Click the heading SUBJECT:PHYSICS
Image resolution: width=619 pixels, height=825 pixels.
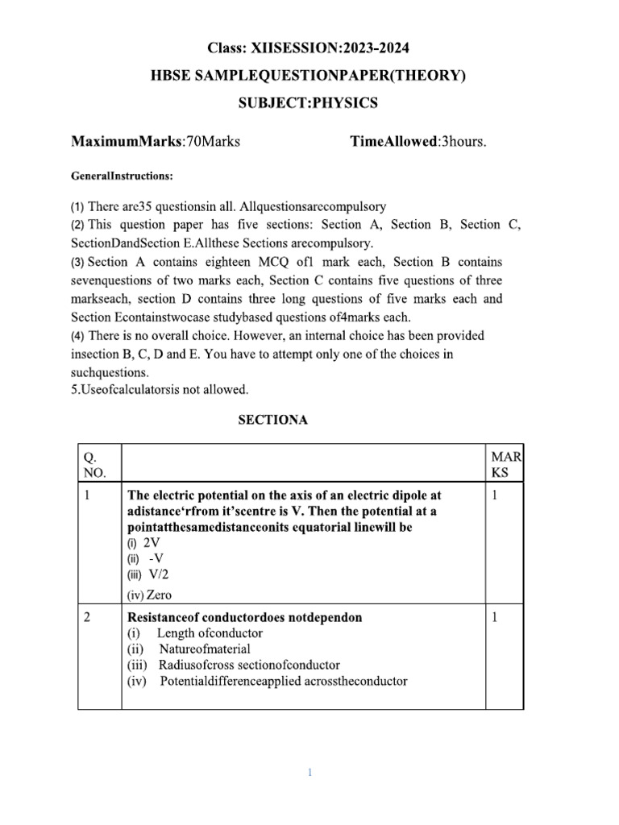(x=309, y=103)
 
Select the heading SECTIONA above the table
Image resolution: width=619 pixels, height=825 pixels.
(x=272, y=420)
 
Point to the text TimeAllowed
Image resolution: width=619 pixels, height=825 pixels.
(x=392, y=143)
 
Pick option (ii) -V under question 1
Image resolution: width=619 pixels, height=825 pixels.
(x=146, y=558)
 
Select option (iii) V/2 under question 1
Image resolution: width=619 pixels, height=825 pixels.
(x=150, y=574)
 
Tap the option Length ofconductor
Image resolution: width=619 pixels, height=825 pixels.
(x=209, y=633)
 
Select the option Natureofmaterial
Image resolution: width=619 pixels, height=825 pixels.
(x=204, y=649)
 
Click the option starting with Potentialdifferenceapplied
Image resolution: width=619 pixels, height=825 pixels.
(x=283, y=681)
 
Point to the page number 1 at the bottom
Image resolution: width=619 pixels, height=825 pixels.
(x=309, y=773)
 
